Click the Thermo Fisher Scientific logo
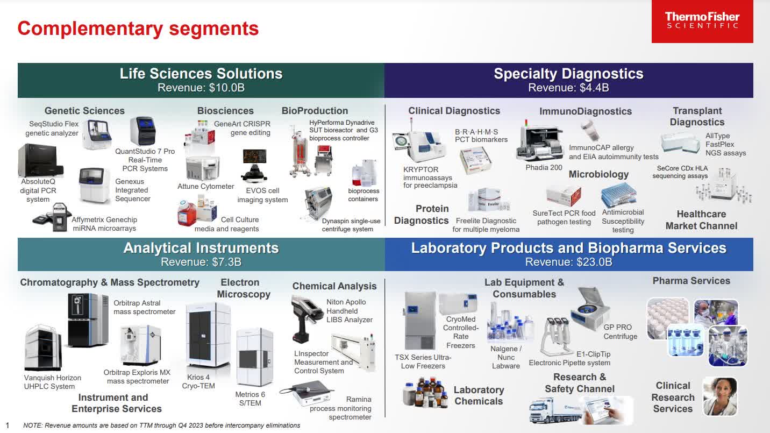[702, 22]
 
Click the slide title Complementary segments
[138, 28]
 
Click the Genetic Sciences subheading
[84, 111]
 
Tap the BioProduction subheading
[315, 111]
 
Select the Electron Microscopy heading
[244, 288]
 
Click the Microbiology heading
[598, 174]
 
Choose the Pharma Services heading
[691, 281]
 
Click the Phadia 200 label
[544, 168]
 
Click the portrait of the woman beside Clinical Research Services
[719, 396]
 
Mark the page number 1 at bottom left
[8, 425]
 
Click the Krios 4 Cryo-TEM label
[199, 381]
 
